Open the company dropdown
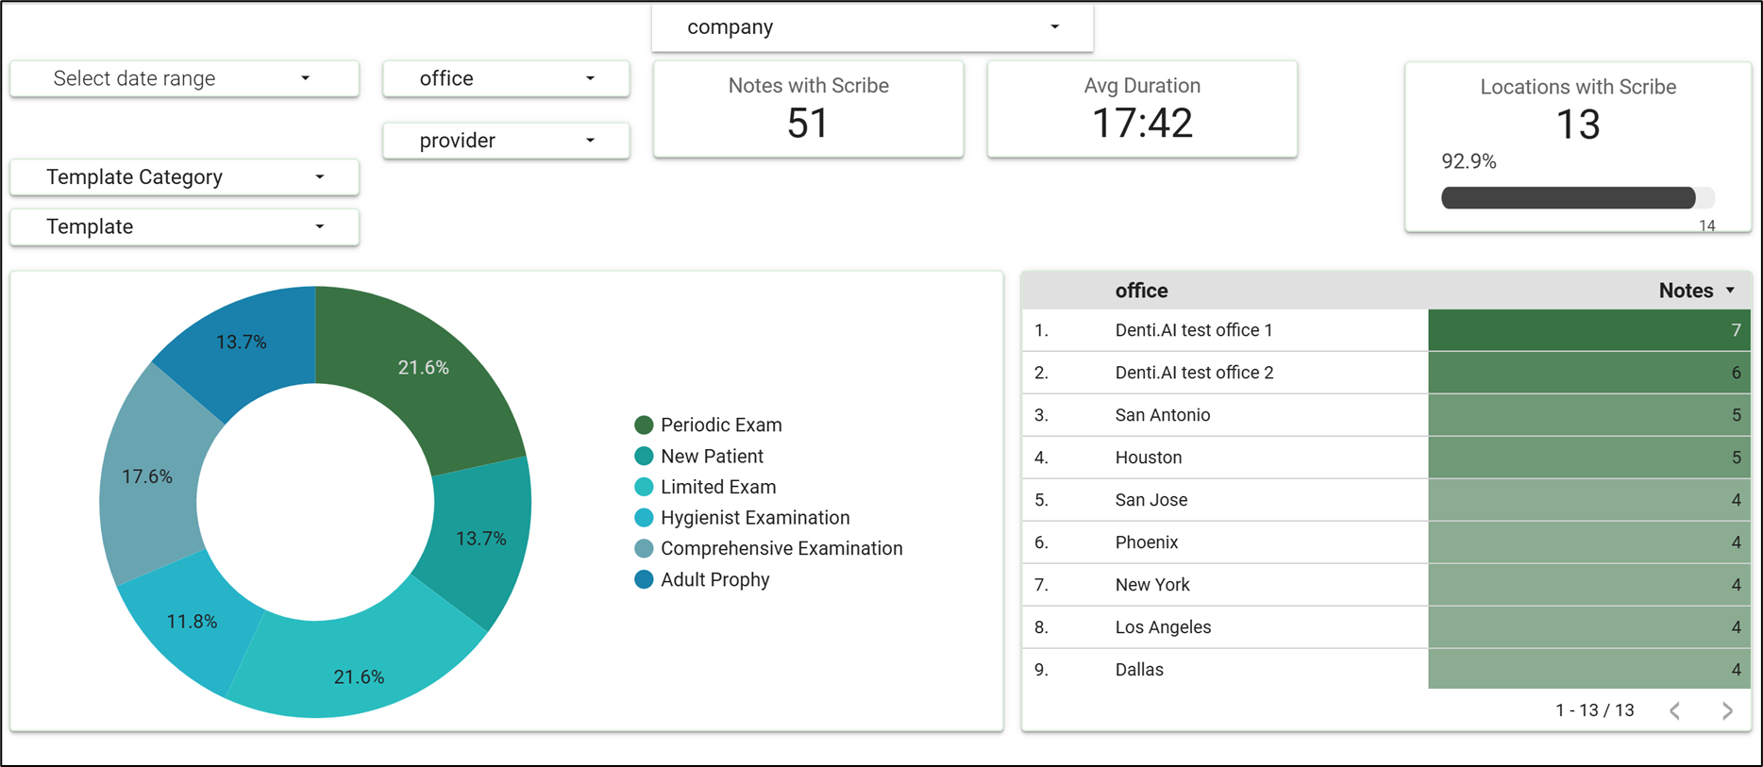[872, 27]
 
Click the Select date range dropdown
[184, 78]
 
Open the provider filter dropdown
[506, 141]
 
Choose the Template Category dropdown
[184, 177]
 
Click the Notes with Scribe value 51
[808, 124]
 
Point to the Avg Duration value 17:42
[1142, 124]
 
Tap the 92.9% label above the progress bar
[1469, 161]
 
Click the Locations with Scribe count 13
[1578, 125]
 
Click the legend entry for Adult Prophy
[702, 579]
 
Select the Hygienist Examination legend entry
[742, 518]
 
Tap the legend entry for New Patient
[698, 457]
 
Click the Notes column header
[1686, 291]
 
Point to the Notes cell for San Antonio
[1589, 415]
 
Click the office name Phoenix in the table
[1147, 542]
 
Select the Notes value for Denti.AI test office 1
[1589, 330]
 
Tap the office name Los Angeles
[1163, 627]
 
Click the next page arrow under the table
[1727, 711]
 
